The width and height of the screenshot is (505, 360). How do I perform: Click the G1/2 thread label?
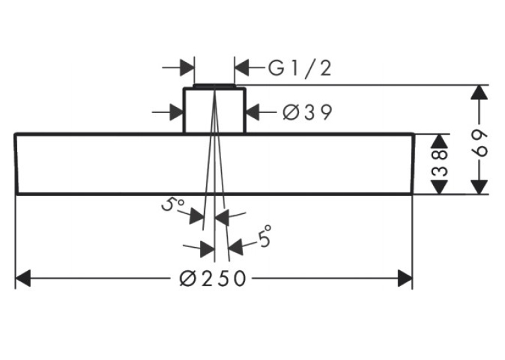[x=300, y=68]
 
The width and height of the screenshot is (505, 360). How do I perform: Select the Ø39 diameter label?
[x=307, y=112]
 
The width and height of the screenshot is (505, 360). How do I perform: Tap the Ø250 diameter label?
[x=213, y=278]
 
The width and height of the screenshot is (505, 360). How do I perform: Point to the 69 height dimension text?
[x=480, y=143]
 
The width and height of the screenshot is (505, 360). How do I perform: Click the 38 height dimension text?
[x=440, y=162]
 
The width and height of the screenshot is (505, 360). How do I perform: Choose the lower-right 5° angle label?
[x=265, y=236]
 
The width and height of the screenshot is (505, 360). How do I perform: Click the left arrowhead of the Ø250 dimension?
[x=23, y=278]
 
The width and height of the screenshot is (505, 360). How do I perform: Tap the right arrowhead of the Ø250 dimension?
[x=405, y=278]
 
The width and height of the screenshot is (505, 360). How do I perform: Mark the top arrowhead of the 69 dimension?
[x=479, y=92]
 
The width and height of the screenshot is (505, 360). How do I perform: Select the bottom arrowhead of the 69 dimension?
[x=479, y=187]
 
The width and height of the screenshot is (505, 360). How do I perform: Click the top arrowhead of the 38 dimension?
[x=440, y=141]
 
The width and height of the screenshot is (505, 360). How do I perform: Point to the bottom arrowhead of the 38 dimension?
[x=440, y=187]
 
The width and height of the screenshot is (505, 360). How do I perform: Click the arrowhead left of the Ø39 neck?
[x=176, y=112]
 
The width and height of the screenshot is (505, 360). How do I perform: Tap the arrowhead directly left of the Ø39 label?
[x=253, y=112]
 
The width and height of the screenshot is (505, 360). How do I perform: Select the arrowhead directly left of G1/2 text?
[x=242, y=67]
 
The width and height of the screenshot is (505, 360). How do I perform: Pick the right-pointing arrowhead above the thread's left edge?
[x=187, y=67]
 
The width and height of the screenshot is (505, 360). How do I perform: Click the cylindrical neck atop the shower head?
[x=215, y=110]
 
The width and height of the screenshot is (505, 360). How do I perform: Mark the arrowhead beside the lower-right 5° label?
[x=236, y=247]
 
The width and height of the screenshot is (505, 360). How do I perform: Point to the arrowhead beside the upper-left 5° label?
[x=197, y=216]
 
